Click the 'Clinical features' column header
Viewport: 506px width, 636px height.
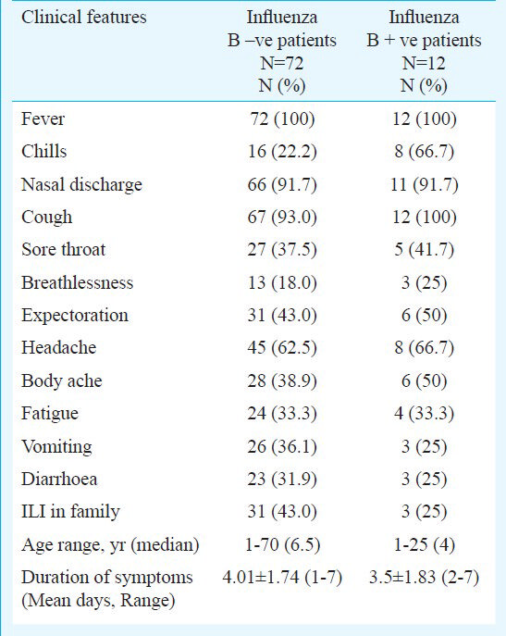click(84, 18)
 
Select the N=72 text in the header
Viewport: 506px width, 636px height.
click(282, 63)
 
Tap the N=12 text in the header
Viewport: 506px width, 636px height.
click(424, 63)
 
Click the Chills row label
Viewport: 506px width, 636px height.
click(43, 151)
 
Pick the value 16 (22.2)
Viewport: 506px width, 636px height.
click(282, 152)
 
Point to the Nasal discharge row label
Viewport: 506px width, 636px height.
click(82, 185)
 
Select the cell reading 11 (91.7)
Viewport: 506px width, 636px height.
click(424, 184)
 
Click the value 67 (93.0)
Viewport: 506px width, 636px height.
click(282, 217)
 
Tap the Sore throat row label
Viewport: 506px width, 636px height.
click(63, 249)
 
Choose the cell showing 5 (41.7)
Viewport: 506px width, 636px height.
click(424, 250)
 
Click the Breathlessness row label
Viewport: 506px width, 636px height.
click(77, 282)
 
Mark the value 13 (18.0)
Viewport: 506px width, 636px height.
click(282, 282)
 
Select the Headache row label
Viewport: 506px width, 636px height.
click(59, 347)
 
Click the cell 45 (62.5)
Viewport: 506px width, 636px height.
click(282, 348)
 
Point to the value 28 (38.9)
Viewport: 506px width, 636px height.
click(282, 380)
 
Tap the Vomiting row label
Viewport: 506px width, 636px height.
click(56, 446)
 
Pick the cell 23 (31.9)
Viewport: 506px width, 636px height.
click(282, 479)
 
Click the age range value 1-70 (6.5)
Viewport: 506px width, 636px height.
click(282, 544)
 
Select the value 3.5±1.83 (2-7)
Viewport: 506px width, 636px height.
click(424, 577)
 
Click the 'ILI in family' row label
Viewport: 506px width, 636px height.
click(70, 512)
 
